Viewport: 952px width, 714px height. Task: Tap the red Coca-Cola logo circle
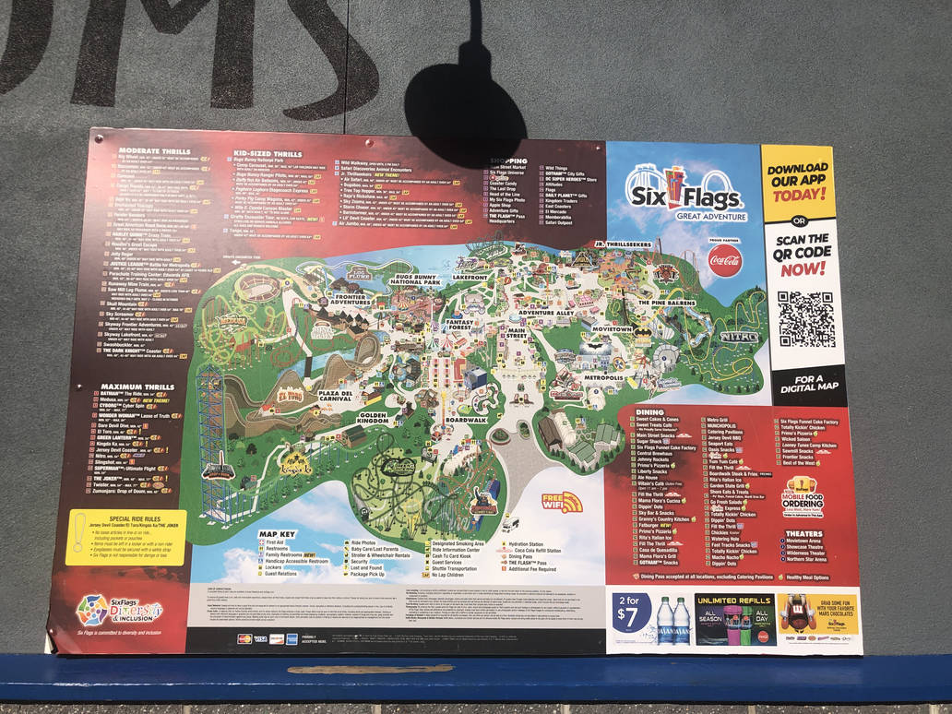725,261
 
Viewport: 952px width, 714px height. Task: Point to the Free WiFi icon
562,503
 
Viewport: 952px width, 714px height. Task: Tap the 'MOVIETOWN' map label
613,328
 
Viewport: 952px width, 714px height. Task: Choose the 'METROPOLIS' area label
603,377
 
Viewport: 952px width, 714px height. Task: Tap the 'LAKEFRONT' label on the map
470,277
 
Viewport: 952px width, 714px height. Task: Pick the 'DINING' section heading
649,412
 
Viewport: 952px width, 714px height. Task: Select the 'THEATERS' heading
803,533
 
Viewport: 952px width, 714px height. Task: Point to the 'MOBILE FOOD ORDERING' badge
803,495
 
